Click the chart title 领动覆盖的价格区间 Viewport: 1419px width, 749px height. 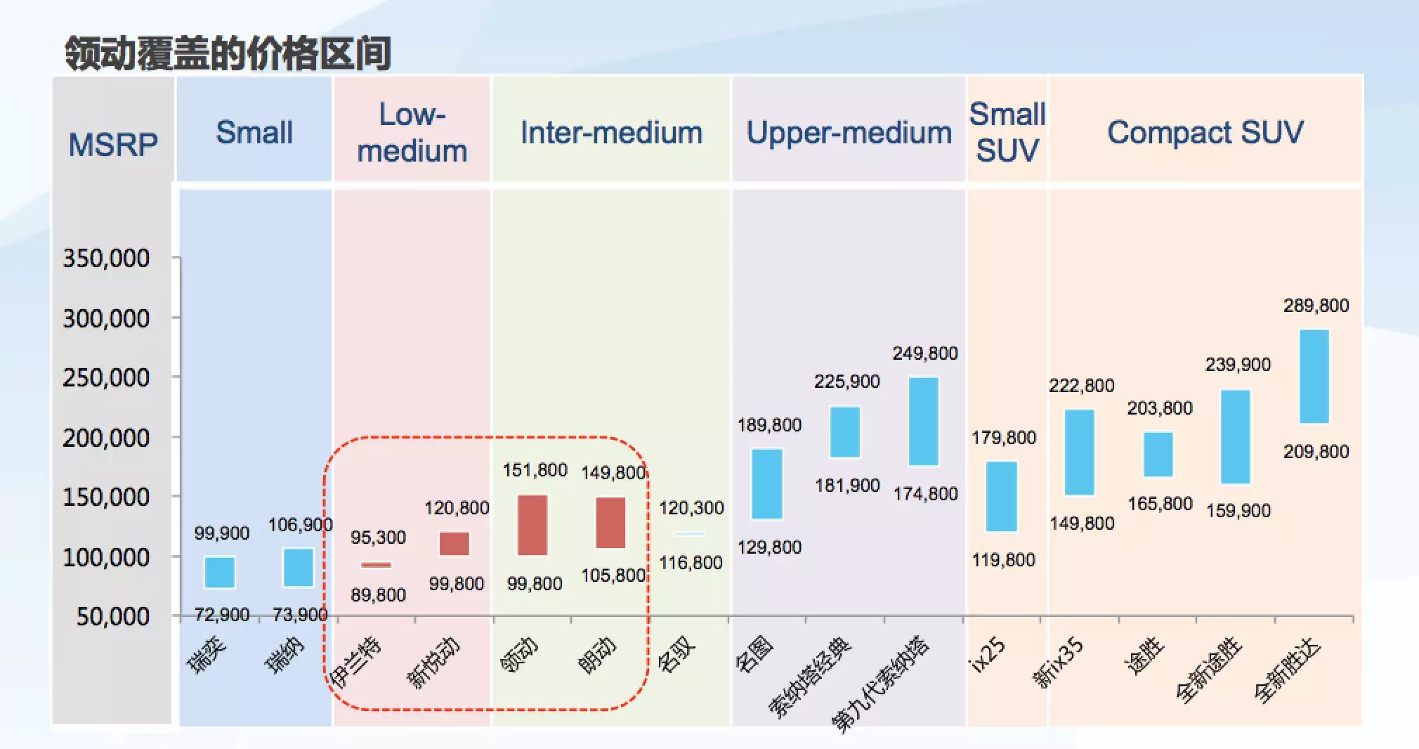[x=228, y=53]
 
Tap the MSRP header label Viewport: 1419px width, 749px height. [x=113, y=145]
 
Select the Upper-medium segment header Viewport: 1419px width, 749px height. [x=849, y=133]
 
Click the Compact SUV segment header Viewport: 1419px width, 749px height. [x=1205, y=133]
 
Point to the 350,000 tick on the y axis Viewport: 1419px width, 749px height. [x=106, y=259]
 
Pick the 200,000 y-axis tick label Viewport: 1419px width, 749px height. [x=106, y=438]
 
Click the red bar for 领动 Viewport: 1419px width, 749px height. [x=532, y=525]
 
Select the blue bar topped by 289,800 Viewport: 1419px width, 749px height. [x=1314, y=377]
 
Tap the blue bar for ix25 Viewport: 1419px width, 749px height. [x=1002, y=496]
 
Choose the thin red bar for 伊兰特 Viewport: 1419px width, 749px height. [x=377, y=565]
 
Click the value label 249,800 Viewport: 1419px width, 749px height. [x=925, y=353]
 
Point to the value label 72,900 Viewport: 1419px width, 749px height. [x=221, y=615]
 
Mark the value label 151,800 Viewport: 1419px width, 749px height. [x=535, y=470]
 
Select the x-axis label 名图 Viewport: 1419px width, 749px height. [x=754, y=653]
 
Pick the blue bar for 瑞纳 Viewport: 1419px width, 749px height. [x=299, y=567]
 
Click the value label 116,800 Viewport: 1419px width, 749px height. [x=691, y=563]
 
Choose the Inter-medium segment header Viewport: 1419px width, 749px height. [x=611, y=133]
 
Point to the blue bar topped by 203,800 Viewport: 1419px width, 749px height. [x=1158, y=455]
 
